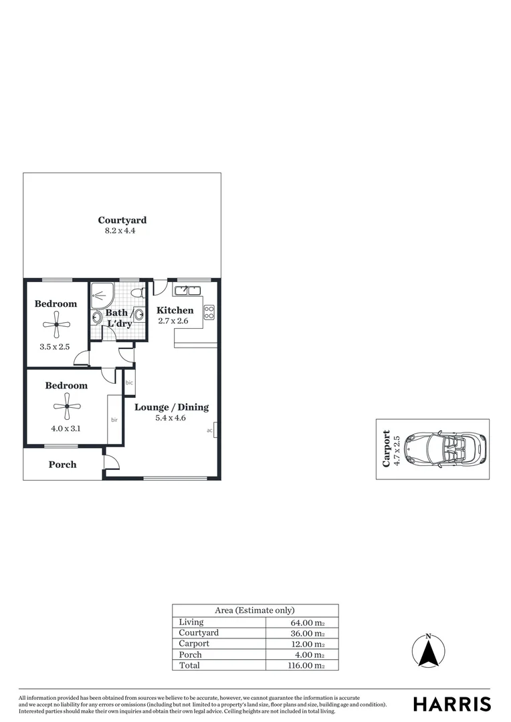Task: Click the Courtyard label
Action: (x=122, y=220)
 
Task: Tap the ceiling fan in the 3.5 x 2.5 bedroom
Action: (x=57, y=326)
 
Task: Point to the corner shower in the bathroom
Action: (x=102, y=293)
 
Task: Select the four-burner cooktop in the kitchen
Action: (x=209, y=312)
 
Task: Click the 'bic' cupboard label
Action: (x=129, y=383)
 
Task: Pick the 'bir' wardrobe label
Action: (x=114, y=420)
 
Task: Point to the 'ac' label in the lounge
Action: (x=209, y=431)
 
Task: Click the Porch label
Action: (x=62, y=465)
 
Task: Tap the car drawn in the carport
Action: (x=444, y=449)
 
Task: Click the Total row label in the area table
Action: (x=189, y=665)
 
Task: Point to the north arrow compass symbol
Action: (x=429, y=649)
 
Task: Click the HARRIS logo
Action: (x=452, y=703)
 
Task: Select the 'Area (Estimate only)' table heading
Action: (x=255, y=610)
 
